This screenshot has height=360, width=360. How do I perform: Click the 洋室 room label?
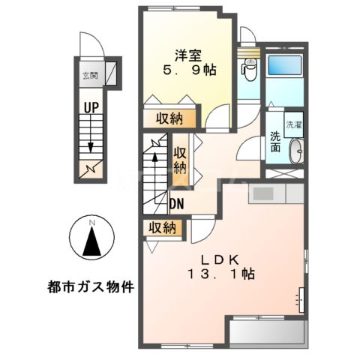coord(187,54)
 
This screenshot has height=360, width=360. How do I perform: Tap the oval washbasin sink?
coord(296,150)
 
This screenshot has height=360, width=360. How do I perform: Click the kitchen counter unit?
coord(275,193)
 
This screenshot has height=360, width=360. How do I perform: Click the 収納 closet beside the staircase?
coord(180,158)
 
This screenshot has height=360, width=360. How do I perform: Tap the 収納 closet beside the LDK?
coord(160,226)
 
